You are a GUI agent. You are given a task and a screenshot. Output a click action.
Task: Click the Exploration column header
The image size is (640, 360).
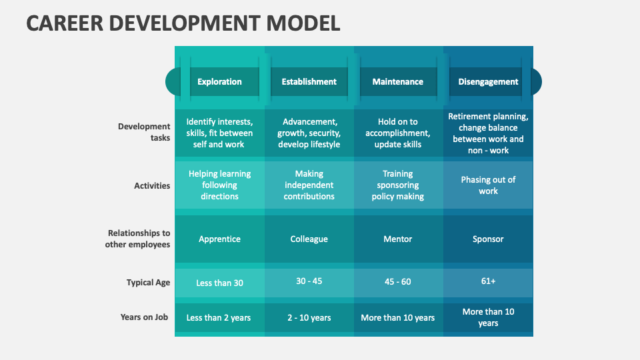(219, 82)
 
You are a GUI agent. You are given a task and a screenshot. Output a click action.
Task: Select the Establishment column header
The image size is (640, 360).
(309, 82)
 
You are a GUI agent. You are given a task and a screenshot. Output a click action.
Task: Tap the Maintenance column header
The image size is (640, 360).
(397, 82)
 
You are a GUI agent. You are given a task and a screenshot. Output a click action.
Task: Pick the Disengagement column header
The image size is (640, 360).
(488, 82)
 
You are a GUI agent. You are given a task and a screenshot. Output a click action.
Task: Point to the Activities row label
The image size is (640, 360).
(152, 186)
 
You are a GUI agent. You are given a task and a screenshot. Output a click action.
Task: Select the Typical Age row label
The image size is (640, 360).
(148, 283)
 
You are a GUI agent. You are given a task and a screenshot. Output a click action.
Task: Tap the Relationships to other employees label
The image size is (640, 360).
(139, 239)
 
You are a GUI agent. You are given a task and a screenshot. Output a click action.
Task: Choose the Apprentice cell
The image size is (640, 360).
(219, 239)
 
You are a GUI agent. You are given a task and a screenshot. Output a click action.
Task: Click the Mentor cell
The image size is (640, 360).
(397, 239)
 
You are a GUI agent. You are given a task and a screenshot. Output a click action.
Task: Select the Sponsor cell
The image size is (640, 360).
(488, 239)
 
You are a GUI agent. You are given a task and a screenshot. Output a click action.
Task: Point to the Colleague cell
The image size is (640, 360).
(309, 239)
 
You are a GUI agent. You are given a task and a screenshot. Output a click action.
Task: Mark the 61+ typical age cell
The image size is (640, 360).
(488, 281)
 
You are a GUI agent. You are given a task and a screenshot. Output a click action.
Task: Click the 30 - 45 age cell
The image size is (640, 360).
(309, 281)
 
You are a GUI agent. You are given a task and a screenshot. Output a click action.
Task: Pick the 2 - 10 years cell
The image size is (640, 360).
(309, 318)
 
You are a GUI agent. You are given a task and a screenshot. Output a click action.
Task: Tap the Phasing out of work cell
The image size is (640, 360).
(488, 185)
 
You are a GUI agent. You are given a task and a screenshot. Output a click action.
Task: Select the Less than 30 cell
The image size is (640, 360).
(219, 283)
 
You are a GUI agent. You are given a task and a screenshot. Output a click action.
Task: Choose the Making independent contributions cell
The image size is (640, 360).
(309, 185)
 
